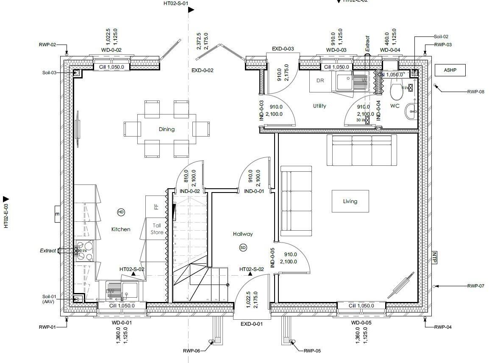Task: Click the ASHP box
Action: [x=450, y=70]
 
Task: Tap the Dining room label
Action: [x=167, y=129]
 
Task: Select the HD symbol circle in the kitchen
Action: [x=121, y=212]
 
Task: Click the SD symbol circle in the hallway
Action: [x=243, y=247]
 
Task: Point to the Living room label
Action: [x=350, y=201]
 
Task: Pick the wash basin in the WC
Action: [x=411, y=112]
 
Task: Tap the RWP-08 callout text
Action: [x=475, y=92]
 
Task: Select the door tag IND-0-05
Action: [x=273, y=257]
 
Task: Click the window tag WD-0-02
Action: [x=111, y=50]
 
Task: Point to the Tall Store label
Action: [x=157, y=229]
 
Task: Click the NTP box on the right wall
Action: [x=434, y=258]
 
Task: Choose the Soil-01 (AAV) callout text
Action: [x=49, y=299]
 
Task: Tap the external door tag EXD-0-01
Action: [x=252, y=324]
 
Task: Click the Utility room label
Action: [x=320, y=106]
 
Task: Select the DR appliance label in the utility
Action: [x=320, y=81]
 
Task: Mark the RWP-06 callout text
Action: [x=191, y=351]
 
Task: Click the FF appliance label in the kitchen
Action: [x=156, y=207]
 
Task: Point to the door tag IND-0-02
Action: [x=189, y=191]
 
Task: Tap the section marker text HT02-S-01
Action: [x=176, y=3]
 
